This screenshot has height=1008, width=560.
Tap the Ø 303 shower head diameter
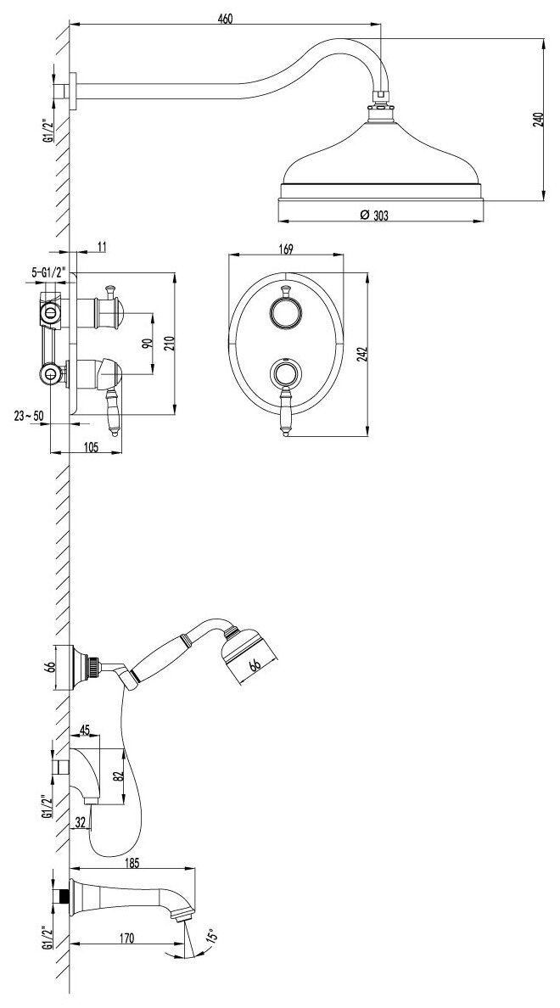[373, 216]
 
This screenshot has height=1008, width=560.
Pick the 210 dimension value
[169, 344]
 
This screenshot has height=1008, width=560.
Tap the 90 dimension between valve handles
[146, 344]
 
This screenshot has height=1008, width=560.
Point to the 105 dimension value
[90, 447]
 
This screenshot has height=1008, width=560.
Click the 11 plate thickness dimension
[101, 246]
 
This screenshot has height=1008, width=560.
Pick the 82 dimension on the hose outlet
[118, 776]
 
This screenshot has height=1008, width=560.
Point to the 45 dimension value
[86, 729]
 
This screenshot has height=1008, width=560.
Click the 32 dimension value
[80, 820]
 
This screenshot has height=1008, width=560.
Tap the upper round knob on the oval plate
[285, 313]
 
